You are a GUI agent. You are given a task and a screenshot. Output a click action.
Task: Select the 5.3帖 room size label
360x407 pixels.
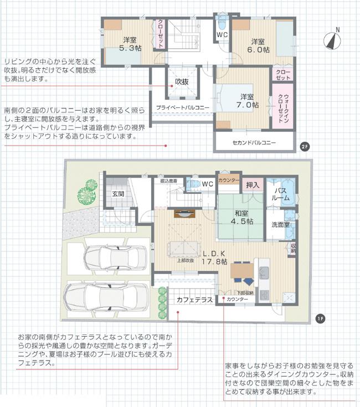(131, 48)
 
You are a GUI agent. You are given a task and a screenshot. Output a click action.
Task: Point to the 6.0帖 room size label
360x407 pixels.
(259, 49)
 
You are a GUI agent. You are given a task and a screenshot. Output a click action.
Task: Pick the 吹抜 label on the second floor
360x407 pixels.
(182, 81)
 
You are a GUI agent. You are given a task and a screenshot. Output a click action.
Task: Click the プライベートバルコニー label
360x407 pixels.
(182, 107)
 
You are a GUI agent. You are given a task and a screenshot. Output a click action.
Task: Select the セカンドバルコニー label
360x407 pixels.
(254, 142)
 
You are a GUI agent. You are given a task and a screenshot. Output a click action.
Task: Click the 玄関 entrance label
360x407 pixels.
(117, 194)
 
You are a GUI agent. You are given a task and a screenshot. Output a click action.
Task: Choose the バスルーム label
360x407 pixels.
(280, 194)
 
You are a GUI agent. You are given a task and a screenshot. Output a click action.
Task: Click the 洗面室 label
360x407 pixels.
(281, 225)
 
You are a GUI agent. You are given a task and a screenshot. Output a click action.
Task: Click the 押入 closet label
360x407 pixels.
(253, 185)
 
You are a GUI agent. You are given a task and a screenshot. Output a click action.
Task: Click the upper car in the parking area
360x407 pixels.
(116, 257)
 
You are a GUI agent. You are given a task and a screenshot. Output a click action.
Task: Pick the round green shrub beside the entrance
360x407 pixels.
(87, 193)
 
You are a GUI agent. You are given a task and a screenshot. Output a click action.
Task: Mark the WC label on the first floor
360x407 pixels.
(208, 183)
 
